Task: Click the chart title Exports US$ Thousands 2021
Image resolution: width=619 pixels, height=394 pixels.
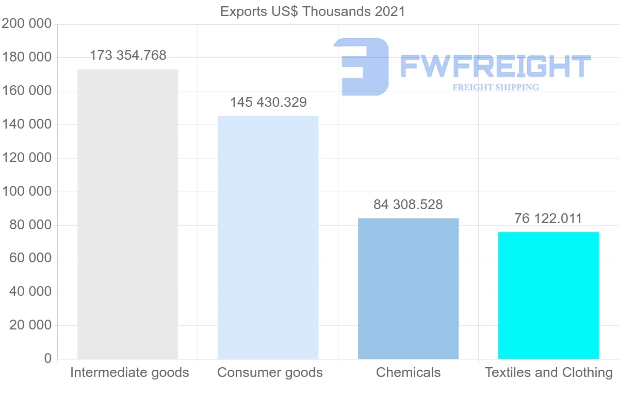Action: pyautogui.click(x=313, y=11)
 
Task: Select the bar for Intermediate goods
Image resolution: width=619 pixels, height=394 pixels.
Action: pyautogui.click(x=127, y=214)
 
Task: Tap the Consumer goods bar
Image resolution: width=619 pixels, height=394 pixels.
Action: pyautogui.click(x=268, y=237)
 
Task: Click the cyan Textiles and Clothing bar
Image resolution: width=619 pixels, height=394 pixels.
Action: pyautogui.click(x=548, y=295)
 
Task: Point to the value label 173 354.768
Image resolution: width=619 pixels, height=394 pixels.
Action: pyautogui.click(x=128, y=56)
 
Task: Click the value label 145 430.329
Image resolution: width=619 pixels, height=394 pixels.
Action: pyautogui.click(x=268, y=103)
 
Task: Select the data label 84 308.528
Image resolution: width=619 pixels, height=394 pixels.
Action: pyautogui.click(x=408, y=205)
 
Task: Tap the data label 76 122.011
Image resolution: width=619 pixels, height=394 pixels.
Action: pyautogui.click(x=548, y=219)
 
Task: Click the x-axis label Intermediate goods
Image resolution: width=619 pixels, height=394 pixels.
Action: pyautogui.click(x=129, y=372)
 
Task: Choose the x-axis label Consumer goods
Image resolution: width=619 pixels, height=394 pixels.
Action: pyautogui.click(x=270, y=372)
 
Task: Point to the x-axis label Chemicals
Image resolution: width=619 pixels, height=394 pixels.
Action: pyautogui.click(x=408, y=372)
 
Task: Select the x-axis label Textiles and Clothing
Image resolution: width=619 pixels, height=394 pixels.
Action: pyautogui.click(x=549, y=372)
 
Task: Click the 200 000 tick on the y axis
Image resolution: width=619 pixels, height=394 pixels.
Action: pyautogui.click(x=27, y=24)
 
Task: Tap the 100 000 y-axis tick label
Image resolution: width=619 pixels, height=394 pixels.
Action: pyautogui.click(x=27, y=192)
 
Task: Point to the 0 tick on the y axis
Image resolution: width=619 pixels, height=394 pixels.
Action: pyautogui.click(x=48, y=358)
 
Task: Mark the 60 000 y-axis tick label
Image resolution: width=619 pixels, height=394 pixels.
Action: pyautogui.click(x=30, y=258)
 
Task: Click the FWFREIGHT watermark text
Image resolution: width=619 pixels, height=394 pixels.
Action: pyautogui.click(x=495, y=66)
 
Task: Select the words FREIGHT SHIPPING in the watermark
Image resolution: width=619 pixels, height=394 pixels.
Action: pyautogui.click(x=495, y=87)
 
